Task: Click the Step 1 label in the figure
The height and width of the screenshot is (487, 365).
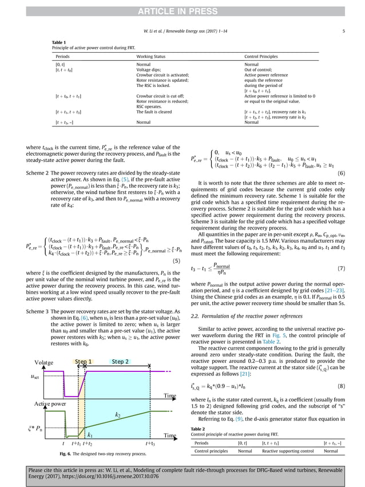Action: coord(84,362)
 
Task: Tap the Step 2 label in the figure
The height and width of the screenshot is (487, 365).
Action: coord(121,362)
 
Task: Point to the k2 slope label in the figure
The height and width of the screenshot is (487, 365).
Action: coord(118,414)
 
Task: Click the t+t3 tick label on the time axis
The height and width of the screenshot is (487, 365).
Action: coord(150,444)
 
